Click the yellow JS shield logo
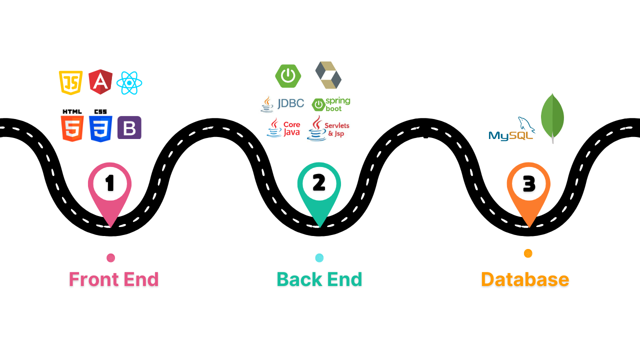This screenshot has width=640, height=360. tap(70, 82)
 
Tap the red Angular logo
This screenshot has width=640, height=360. tap(100, 82)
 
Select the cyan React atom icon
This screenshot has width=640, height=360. tap(129, 83)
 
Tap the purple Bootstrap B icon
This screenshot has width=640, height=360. tap(129, 127)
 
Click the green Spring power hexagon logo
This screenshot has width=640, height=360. tap(288, 76)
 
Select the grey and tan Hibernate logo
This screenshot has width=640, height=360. tap(328, 75)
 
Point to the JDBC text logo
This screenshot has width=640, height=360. tap(282, 103)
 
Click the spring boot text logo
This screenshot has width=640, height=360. tap(331, 104)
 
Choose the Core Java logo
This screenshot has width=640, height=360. tap(283, 128)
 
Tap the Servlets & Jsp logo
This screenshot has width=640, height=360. tap(328, 128)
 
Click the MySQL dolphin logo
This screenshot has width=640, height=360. tap(511, 130)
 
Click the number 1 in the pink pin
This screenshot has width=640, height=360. tap(109, 183)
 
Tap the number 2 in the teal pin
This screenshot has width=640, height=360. tap(319, 183)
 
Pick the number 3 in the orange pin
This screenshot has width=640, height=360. tap(528, 184)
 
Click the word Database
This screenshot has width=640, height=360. tap(525, 279)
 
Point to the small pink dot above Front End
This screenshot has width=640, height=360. tap(111, 258)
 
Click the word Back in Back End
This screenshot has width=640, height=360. tap(298, 279)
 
